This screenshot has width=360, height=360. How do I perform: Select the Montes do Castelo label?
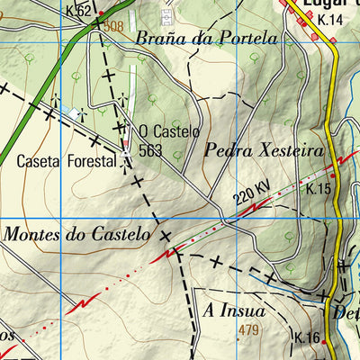76,234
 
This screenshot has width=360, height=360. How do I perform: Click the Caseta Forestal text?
67,162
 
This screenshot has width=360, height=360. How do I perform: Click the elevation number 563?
151,150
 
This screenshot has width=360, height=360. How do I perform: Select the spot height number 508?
113,27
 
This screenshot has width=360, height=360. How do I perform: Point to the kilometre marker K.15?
319,189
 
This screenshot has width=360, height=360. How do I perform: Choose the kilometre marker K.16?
308,337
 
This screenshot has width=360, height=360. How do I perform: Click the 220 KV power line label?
251,193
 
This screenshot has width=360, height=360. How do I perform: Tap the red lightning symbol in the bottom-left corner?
82,302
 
